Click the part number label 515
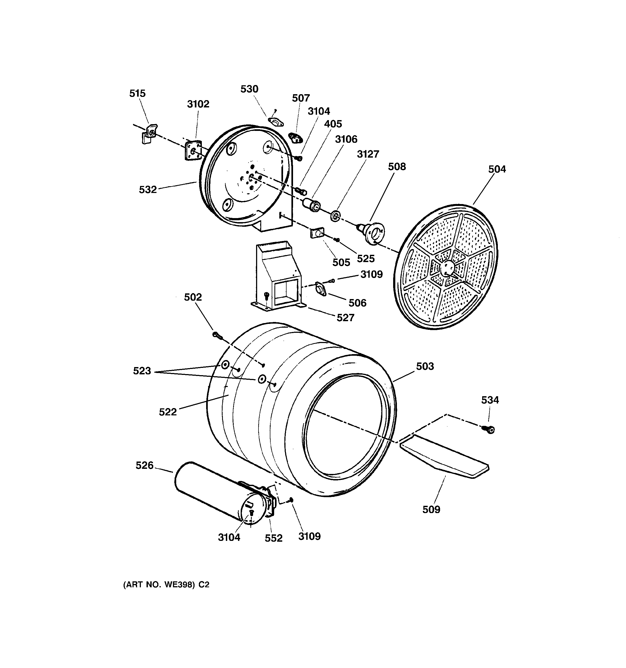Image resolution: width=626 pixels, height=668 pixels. [x=137, y=93]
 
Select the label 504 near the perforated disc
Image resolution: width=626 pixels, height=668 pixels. [x=497, y=169]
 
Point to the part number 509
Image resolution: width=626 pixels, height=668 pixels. [x=431, y=510]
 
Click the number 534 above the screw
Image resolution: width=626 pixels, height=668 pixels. [x=490, y=400]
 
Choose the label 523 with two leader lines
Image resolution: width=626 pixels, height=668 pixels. [x=142, y=371]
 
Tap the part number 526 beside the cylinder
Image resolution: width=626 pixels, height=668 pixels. [x=144, y=465]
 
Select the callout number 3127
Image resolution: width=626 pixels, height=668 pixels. [x=368, y=154]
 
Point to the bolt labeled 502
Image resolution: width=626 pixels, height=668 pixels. [x=217, y=335]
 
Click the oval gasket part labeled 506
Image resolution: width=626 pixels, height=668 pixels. [x=321, y=289]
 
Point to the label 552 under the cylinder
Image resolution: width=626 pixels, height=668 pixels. [x=274, y=538]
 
